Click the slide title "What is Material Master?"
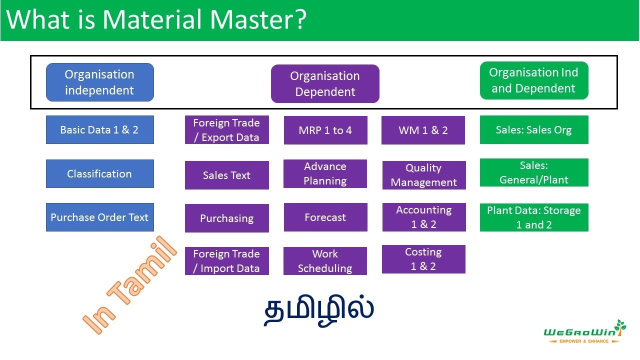pyautogui.click(x=156, y=20)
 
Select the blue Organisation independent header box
pyautogui.click(x=99, y=82)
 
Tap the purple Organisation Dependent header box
pyautogui.click(x=325, y=84)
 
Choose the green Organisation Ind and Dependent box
pyautogui.click(x=533, y=80)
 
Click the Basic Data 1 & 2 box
pyautogui.click(x=99, y=130)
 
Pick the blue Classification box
pyautogui.click(x=99, y=174)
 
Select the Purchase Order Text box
pyautogui.click(x=99, y=217)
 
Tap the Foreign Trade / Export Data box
pyautogui.click(x=226, y=130)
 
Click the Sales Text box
pyautogui.click(x=226, y=175)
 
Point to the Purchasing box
pyautogui.click(x=226, y=218)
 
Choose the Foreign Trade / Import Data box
pyautogui.click(x=226, y=261)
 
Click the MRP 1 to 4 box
pyautogui.click(x=325, y=130)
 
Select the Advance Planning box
pyautogui.click(x=325, y=174)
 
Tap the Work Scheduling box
pyautogui.click(x=325, y=261)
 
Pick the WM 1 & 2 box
pyautogui.click(x=423, y=130)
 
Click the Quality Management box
pyautogui.click(x=423, y=175)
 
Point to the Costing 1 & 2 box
pyautogui.click(x=423, y=259)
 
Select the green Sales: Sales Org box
pyautogui.click(x=533, y=130)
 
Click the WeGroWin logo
pyautogui.click(x=584, y=332)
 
